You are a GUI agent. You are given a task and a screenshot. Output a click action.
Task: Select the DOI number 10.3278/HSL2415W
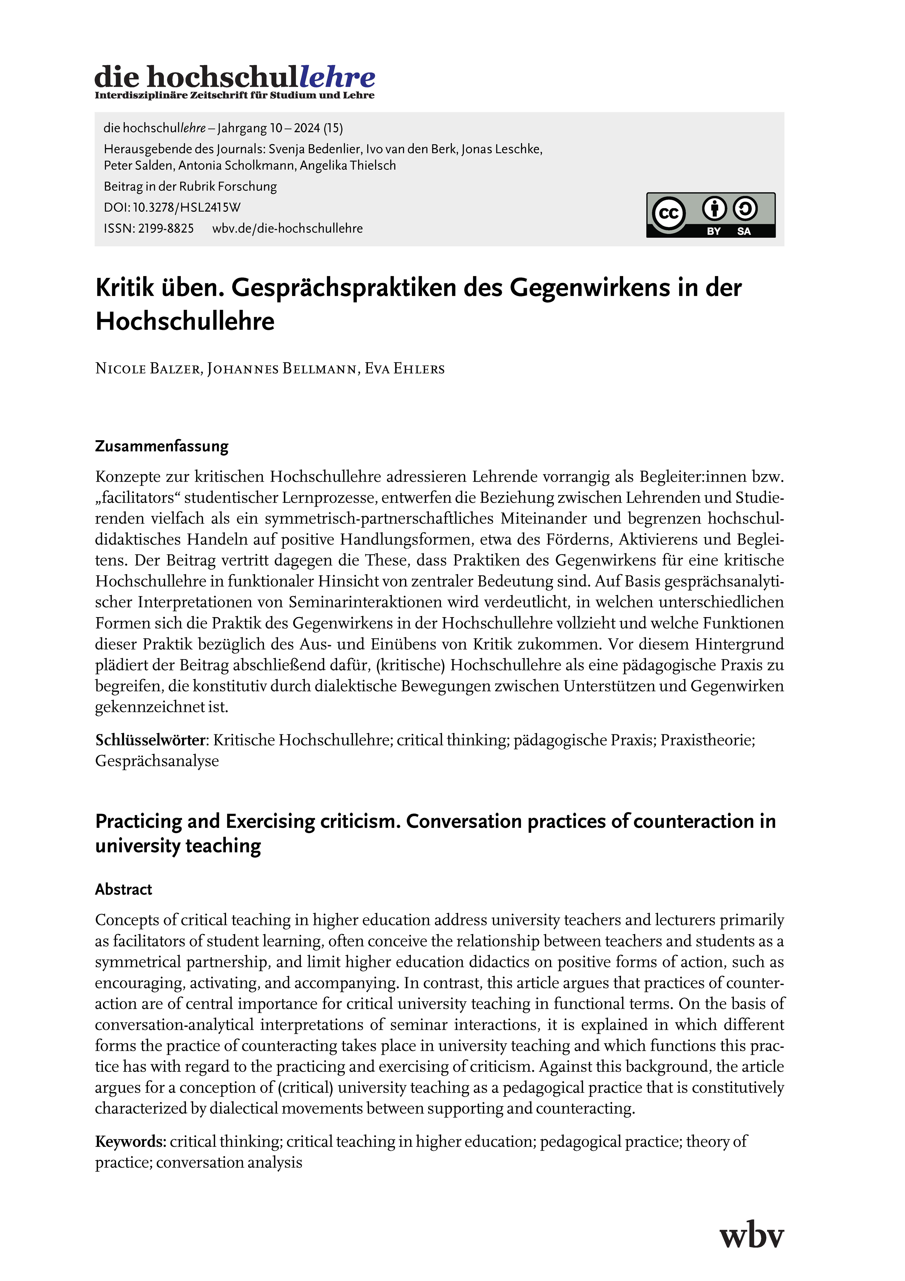[186, 208]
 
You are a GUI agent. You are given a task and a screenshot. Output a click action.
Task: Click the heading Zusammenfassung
[162, 446]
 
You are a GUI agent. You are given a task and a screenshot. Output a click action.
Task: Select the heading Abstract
[123, 889]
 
